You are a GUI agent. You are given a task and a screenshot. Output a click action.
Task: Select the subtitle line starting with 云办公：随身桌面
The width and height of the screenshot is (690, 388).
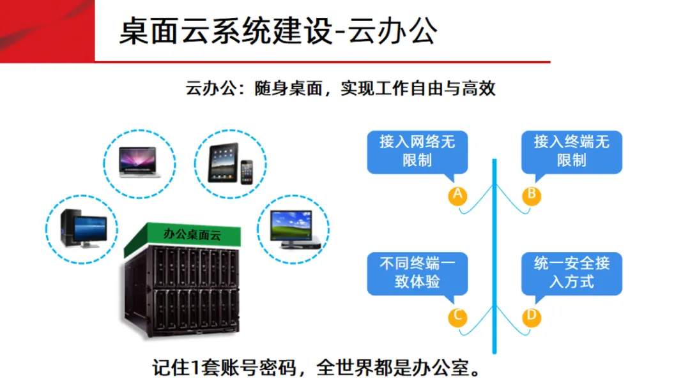pos(341,88)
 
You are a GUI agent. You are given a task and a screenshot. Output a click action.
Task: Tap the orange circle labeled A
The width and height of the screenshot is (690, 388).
pos(457,195)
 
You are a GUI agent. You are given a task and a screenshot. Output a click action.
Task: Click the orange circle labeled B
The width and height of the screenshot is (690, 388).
pos(531,195)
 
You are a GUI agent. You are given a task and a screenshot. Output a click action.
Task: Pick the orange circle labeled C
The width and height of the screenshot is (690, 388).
pos(457,317)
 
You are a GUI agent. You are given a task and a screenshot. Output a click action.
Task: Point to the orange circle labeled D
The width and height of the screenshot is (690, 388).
pos(531,317)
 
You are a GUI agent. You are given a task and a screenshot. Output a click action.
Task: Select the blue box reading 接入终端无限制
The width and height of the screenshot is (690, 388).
pos(571,151)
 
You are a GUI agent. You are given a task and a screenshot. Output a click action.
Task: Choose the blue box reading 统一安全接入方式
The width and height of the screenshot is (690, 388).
pos(571,272)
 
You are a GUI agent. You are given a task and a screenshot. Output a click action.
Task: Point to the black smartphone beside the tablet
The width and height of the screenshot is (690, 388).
pos(247,171)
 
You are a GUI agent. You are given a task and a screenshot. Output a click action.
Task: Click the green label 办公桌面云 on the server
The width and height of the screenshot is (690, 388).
pos(192,234)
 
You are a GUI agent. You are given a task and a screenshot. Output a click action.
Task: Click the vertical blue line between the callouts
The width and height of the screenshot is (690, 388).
pos(494,255)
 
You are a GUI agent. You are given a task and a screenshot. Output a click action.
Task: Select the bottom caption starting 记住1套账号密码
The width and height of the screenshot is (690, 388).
pos(315,368)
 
